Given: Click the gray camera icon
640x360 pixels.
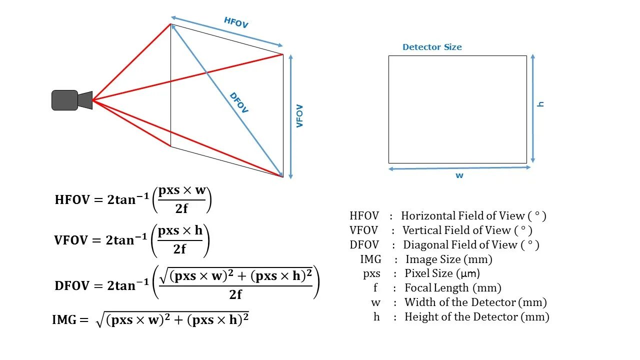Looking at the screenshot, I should coord(71,100).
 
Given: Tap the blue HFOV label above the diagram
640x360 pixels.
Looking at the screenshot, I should coord(236,22).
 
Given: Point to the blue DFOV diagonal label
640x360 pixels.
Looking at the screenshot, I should coord(239,103).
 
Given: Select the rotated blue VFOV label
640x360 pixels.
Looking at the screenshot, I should coord(300,116).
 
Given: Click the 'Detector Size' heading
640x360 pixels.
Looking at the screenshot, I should coord(432,47).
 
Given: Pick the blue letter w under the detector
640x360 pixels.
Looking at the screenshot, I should coord(459,175).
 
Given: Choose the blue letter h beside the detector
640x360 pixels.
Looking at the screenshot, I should coord(540,104).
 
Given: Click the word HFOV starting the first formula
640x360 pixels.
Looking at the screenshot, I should coord(72,200).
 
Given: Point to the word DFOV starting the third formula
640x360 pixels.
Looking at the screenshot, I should coord(72,286).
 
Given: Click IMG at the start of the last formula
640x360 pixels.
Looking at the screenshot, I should coord(63,320).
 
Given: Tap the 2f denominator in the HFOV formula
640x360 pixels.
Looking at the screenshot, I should coord(181,208).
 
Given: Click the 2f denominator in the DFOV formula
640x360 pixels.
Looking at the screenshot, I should coord(235,294).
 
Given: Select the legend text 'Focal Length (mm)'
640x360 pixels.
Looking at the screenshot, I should coord(452,288).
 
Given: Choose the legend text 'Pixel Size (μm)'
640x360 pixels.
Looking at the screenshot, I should coord(442,273).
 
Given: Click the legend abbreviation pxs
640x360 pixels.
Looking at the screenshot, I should coord(371,274).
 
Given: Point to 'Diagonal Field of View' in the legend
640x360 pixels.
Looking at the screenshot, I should coord(460,245).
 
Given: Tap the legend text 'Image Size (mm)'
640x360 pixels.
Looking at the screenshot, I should coord(448,259).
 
